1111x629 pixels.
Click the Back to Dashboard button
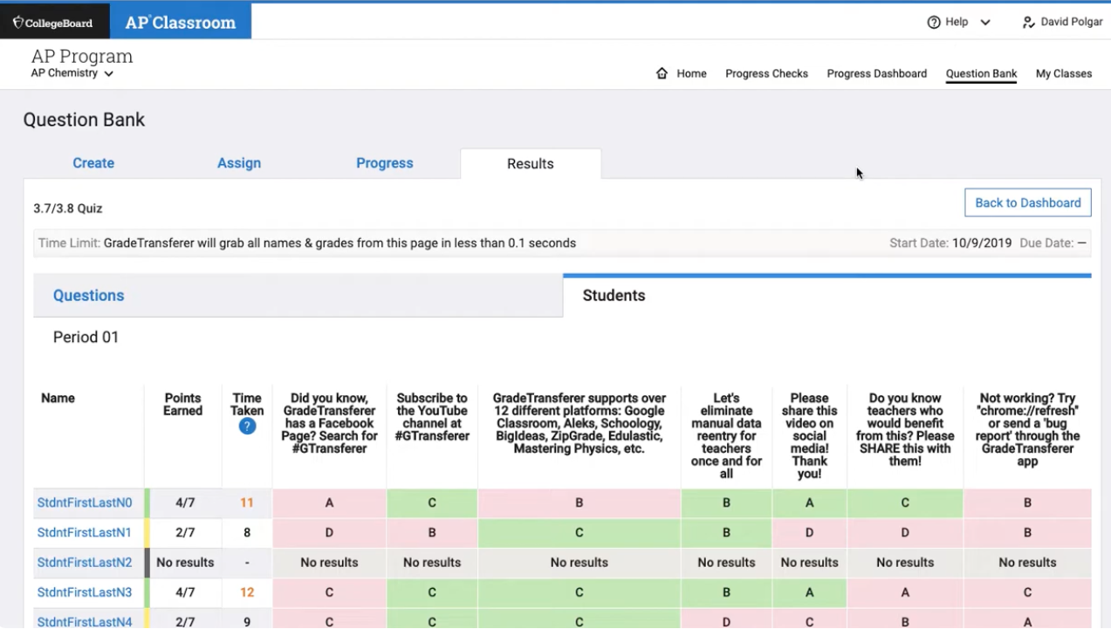coord(1027,202)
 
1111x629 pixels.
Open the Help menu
coord(958,22)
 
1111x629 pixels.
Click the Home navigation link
coord(682,73)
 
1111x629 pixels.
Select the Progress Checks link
coord(766,73)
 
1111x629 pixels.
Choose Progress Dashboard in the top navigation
coord(876,73)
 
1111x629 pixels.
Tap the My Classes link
coord(1063,73)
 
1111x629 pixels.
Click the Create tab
coord(93,163)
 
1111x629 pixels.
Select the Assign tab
coord(239,163)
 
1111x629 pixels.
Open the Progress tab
coord(384,163)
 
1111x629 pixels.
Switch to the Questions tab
coord(89,296)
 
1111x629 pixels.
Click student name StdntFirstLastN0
coord(85,503)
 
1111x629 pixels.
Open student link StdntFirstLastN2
coord(85,563)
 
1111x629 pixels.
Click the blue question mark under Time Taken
coord(247,427)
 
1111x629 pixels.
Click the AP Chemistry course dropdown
coord(72,73)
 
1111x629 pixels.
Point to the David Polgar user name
coord(1071,22)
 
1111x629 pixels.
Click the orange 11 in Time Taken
coord(247,503)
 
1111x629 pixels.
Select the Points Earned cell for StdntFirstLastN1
coord(184,532)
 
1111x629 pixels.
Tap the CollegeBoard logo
coord(54,23)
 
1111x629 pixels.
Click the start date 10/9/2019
coord(982,243)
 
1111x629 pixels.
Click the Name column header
coord(58,398)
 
